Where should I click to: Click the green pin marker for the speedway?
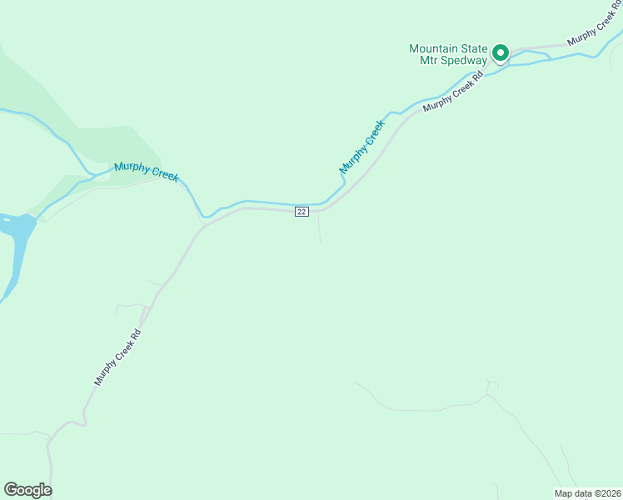point(501,53)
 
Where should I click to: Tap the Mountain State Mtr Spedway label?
point(448,55)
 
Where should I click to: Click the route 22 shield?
point(302,212)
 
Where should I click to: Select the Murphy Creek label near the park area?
point(147,172)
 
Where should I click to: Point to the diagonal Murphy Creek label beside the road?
point(362,147)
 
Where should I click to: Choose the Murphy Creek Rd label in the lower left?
point(117,357)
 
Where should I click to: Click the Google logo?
point(27,490)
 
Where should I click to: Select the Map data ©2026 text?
point(587,492)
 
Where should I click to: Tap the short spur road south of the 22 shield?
point(319,227)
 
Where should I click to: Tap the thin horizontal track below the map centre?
point(416,409)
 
